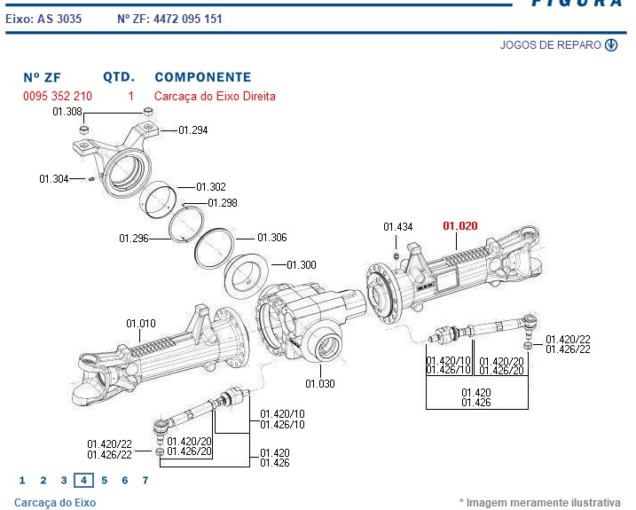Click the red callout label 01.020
pos(459,226)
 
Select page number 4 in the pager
pos(83,481)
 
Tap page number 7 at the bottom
pos(145,481)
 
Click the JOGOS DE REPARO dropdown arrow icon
pos(611,45)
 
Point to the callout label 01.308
pos(67,112)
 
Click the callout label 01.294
pos(193,130)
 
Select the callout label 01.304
pos(53,179)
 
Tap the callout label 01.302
pos(211,187)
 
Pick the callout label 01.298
pos(223,203)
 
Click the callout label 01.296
pos(133,238)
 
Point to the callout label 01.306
pos(272,238)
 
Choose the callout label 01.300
pos(302,265)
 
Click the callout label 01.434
pos(398,228)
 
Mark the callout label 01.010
pos(141,323)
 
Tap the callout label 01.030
pos(320,384)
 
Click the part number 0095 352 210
pos(57,96)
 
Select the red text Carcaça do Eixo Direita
pos(215,96)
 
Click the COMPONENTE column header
pos(202,77)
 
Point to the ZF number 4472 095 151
pos(189,19)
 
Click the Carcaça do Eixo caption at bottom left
pos(55,503)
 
